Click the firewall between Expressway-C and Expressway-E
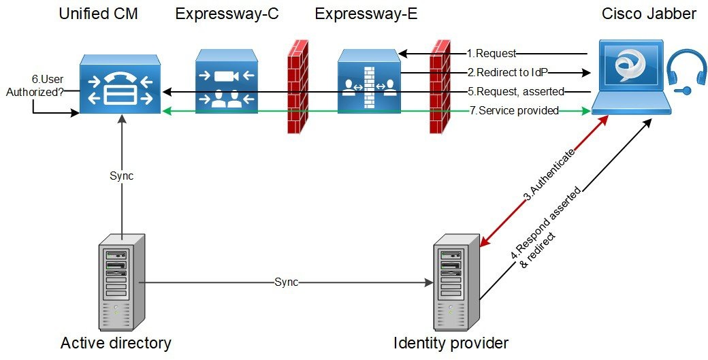click(x=295, y=87)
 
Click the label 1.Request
click(x=492, y=53)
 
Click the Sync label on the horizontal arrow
click(x=286, y=281)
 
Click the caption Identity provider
click(x=451, y=343)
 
